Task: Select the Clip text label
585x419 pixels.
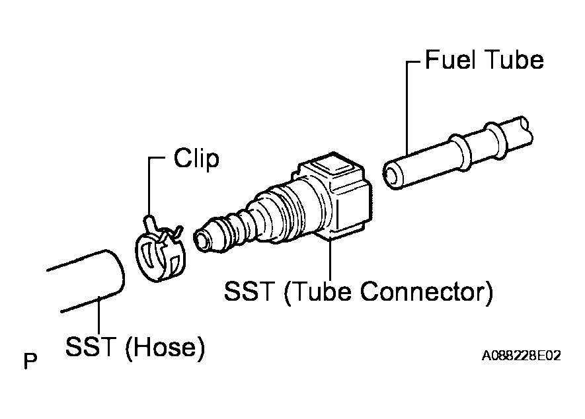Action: [196, 159]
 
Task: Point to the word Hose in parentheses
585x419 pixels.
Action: [164, 347]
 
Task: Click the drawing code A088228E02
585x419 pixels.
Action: [521, 356]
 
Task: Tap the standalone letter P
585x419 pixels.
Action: [30, 361]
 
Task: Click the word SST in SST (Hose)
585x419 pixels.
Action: [90, 347]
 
